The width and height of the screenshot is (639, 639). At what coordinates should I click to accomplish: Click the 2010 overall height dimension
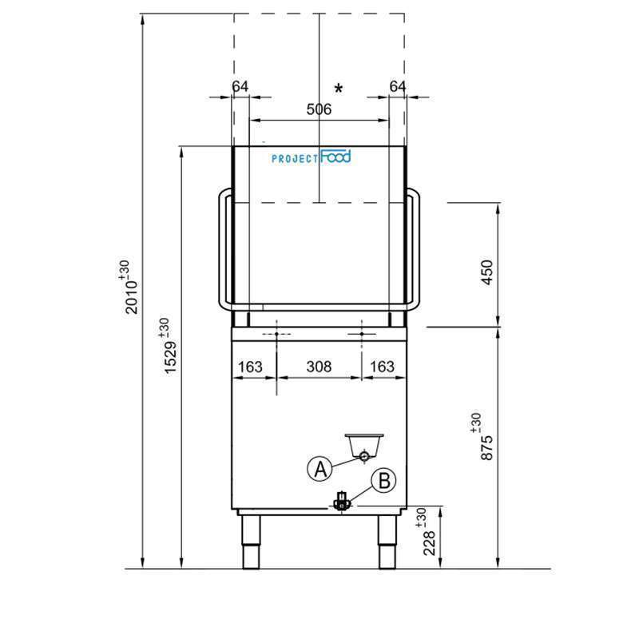click(131, 287)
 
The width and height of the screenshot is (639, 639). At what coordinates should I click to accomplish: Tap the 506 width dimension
click(319, 110)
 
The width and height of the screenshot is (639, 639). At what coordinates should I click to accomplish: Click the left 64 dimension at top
click(240, 86)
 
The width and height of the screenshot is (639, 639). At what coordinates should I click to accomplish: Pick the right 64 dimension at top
click(398, 86)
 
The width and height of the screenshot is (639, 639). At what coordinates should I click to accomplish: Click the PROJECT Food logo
click(311, 157)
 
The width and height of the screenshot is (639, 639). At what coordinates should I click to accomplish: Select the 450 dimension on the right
click(489, 272)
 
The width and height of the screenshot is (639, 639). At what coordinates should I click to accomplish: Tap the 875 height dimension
click(489, 435)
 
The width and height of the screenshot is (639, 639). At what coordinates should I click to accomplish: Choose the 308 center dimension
click(319, 367)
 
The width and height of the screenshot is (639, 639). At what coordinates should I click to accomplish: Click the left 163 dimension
click(250, 367)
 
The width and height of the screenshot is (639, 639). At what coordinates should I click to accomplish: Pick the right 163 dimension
click(383, 367)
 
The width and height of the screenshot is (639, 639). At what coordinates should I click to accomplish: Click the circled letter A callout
click(319, 469)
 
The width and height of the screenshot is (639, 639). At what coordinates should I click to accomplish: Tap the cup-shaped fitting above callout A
click(364, 444)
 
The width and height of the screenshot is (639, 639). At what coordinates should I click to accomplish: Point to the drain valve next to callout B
click(342, 502)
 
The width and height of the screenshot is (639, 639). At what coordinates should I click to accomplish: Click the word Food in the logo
click(335, 157)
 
